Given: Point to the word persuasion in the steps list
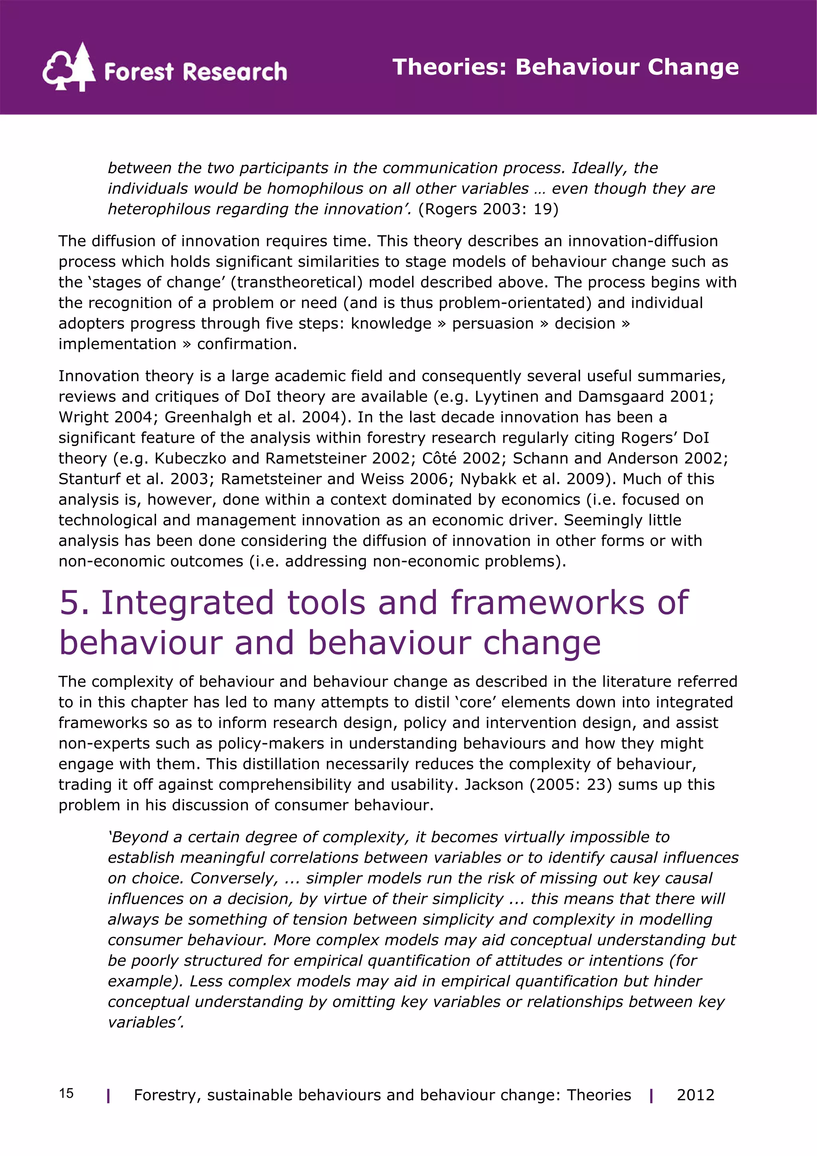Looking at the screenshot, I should coord(492,323).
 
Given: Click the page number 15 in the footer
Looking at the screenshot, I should coord(67,1093).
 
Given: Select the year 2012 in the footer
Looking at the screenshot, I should coord(695,1095).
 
